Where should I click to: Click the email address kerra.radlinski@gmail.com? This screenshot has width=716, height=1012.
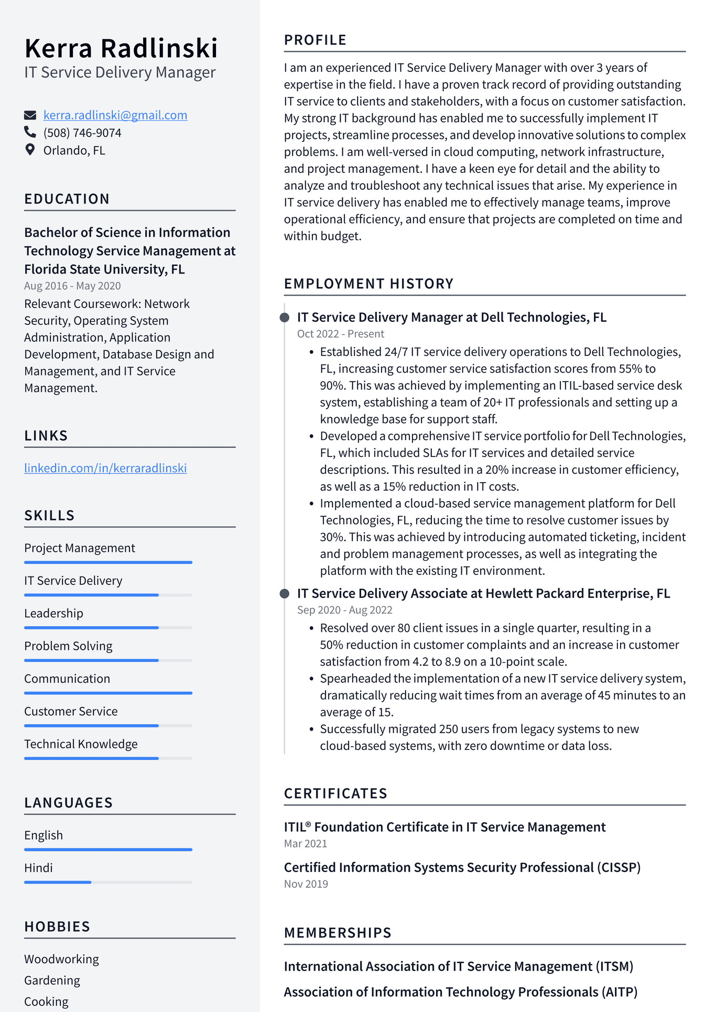[115, 115]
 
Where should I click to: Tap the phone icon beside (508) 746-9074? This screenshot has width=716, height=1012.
[30, 133]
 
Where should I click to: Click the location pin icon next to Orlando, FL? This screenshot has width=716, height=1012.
[30, 150]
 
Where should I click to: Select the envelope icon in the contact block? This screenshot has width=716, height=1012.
[30, 115]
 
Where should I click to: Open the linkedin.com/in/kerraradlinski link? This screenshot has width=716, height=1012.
[105, 468]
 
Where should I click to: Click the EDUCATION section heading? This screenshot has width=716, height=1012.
[67, 199]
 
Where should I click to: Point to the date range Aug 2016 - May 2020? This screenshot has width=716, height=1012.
[72, 286]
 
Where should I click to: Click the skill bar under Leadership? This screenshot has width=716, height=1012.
[108, 627]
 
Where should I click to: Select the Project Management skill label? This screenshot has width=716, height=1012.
[80, 548]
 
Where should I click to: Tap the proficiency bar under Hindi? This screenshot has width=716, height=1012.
[108, 883]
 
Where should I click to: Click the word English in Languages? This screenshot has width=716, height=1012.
[44, 835]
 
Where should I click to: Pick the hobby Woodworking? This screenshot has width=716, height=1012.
[61, 960]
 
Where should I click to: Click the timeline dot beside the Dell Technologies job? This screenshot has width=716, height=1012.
[285, 318]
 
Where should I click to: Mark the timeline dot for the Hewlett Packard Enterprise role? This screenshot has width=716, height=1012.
[285, 594]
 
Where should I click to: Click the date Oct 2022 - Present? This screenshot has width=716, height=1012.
[340, 334]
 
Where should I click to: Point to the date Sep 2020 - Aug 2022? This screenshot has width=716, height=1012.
[344, 611]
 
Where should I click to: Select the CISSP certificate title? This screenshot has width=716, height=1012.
[462, 868]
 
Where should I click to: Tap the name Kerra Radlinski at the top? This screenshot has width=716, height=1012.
[121, 48]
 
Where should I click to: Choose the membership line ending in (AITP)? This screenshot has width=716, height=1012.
[460, 993]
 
